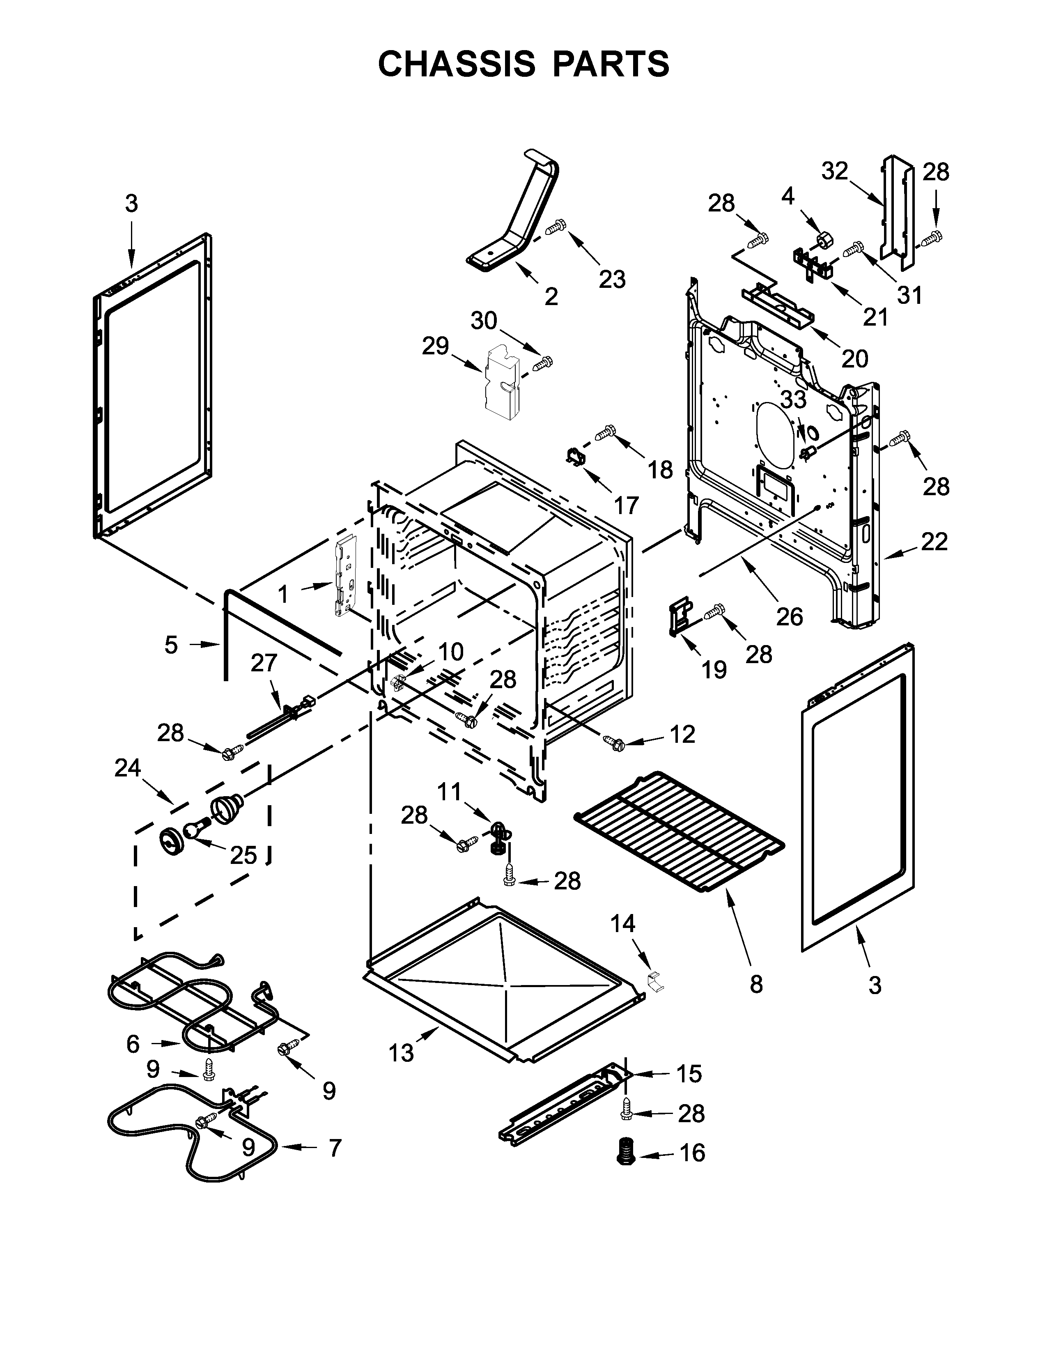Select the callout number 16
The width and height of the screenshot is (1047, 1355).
tap(693, 1152)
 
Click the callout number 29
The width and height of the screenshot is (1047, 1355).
tap(435, 346)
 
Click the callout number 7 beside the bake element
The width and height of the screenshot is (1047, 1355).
tap(335, 1148)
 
